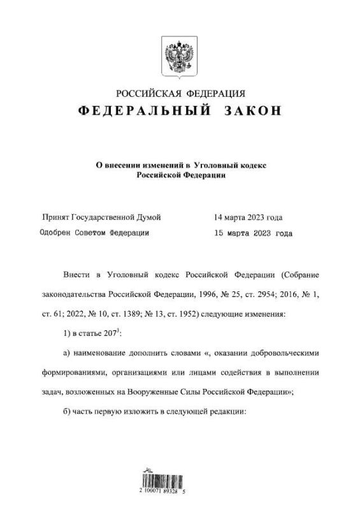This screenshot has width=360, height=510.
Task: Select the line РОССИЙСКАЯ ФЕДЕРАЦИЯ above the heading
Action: [x=180, y=94]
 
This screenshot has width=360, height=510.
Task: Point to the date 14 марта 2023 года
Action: [x=248, y=217]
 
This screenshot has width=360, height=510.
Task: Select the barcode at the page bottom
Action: [x=170, y=484]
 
